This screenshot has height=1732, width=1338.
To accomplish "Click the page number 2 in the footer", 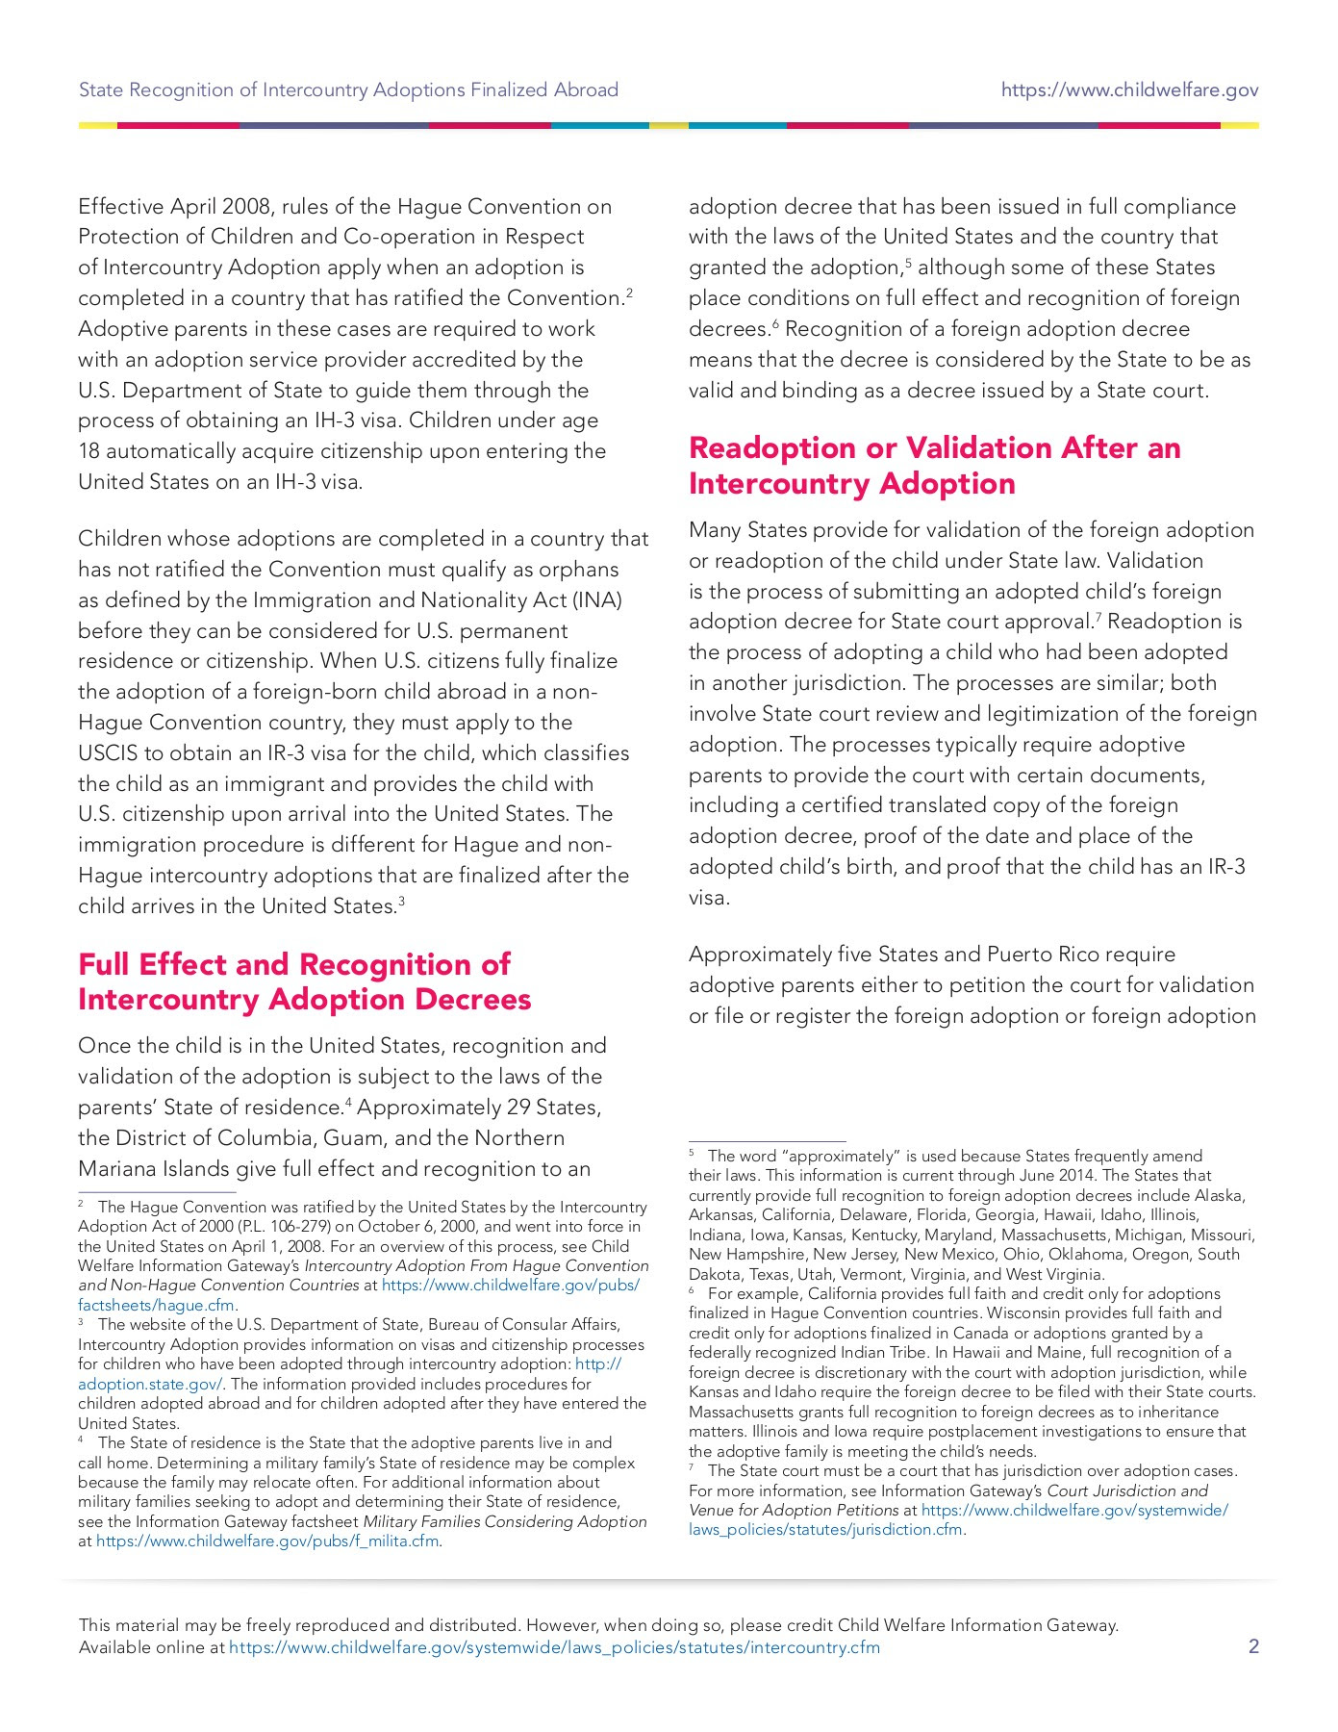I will click(x=1252, y=1646).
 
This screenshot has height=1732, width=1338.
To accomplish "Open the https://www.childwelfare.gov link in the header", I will click(x=1129, y=90).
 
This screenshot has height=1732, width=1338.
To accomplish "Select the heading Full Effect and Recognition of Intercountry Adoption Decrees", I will click(x=304, y=981).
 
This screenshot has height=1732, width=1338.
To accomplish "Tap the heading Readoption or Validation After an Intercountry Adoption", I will click(x=934, y=465).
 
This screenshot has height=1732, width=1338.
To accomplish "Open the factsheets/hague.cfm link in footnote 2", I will click(x=156, y=1305).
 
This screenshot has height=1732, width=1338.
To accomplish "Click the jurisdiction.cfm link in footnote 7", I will click(x=826, y=1529).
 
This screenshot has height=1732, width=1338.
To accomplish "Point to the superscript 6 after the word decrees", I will click(x=775, y=323).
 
